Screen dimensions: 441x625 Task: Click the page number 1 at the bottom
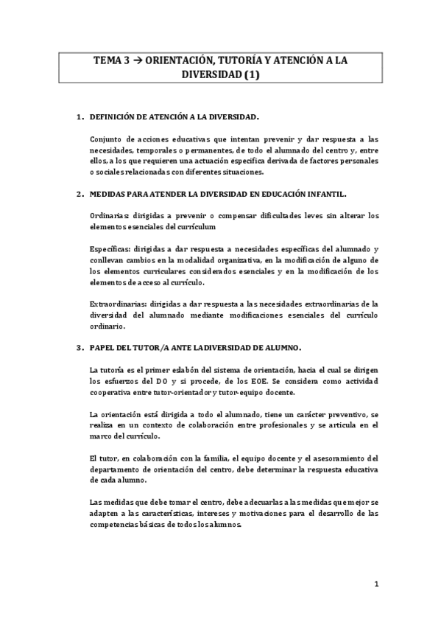coord(376,585)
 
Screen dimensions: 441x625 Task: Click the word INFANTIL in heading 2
coord(325,195)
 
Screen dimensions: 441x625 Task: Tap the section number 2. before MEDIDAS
coord(80,195)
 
